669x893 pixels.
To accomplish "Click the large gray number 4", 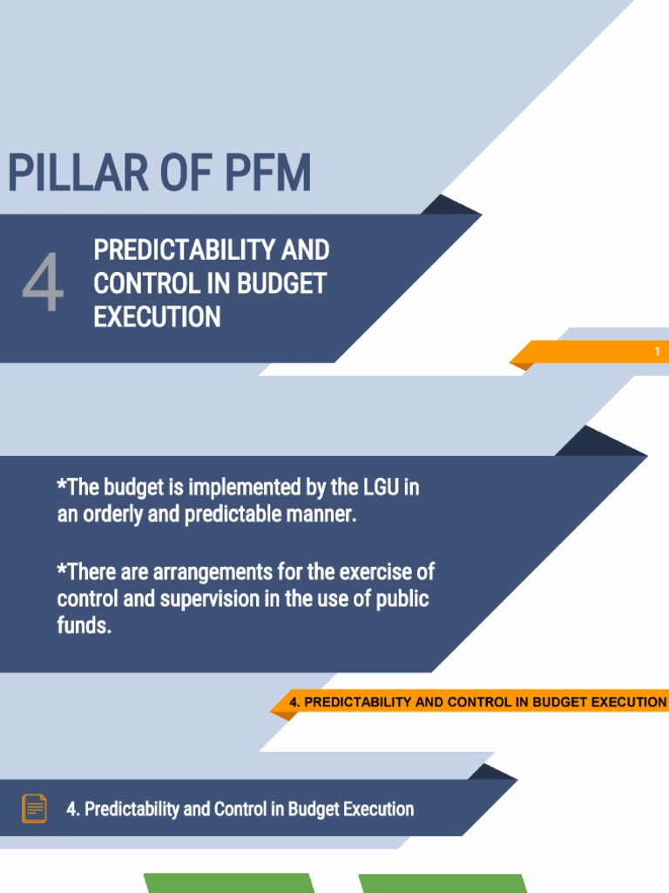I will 43,284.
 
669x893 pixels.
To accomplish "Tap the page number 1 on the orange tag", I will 658,352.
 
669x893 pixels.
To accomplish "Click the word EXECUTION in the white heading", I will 157,317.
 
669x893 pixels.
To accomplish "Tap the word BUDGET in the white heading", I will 282,284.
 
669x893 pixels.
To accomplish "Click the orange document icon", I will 34,808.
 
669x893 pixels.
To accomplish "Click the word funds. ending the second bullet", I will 84,627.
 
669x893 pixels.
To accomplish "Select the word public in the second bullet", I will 402,600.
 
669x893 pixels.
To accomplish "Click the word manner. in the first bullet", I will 324,515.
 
